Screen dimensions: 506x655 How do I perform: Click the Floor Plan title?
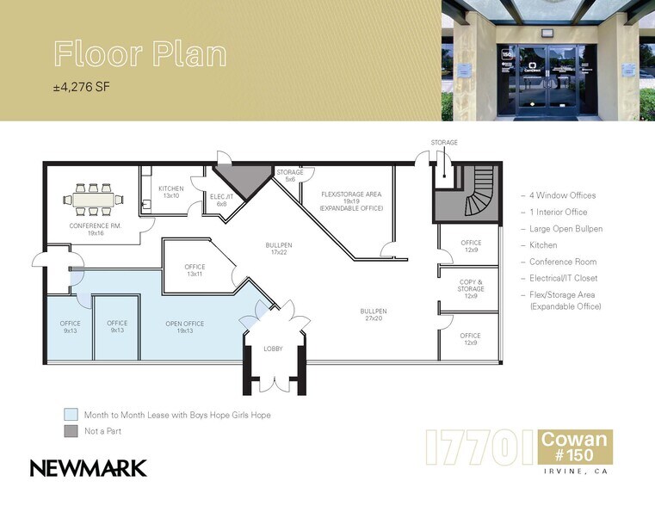click(140, 54)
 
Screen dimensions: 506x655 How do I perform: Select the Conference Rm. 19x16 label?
click(96, 229)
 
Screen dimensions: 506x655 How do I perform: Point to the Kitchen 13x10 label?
click(170, 192)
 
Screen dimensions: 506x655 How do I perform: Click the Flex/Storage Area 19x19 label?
click(350, 201)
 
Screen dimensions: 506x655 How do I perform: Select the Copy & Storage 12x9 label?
click(470, 289)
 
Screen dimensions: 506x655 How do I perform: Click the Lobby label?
click(272, 349)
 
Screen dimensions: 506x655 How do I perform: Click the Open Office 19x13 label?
click(185, 327)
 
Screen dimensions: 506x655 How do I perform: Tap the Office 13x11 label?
click(195, 270)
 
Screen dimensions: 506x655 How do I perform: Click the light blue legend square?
click(71, 414)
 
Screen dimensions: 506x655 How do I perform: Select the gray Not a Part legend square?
click(71, 429)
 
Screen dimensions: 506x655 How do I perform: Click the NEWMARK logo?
click(89, 468)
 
